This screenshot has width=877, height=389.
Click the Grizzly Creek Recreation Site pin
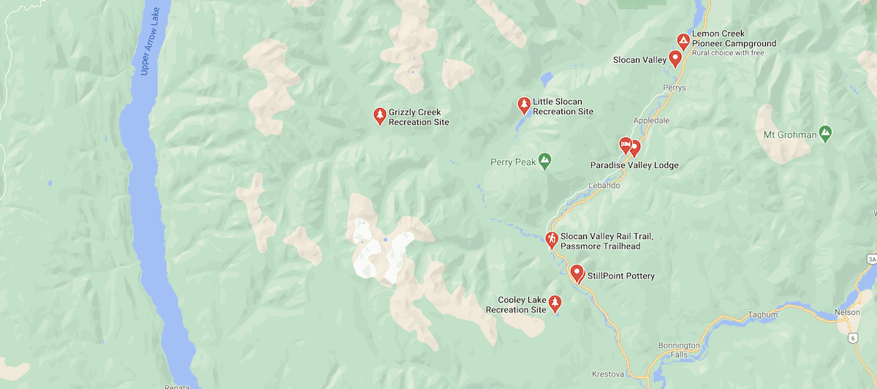379,115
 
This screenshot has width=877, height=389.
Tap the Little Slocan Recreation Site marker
523,105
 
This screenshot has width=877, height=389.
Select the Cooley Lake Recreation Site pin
555,303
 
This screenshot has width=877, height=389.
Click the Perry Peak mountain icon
544,159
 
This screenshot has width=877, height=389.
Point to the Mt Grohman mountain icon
825,134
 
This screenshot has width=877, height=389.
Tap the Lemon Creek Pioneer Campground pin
683,41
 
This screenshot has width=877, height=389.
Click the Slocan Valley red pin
675,58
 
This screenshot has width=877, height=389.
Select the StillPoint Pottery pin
577,273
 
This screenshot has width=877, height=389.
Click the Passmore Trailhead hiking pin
553,239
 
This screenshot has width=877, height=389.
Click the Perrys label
674,88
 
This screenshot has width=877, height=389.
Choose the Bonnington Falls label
678,350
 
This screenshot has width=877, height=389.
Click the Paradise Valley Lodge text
634,165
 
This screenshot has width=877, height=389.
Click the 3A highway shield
871,259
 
